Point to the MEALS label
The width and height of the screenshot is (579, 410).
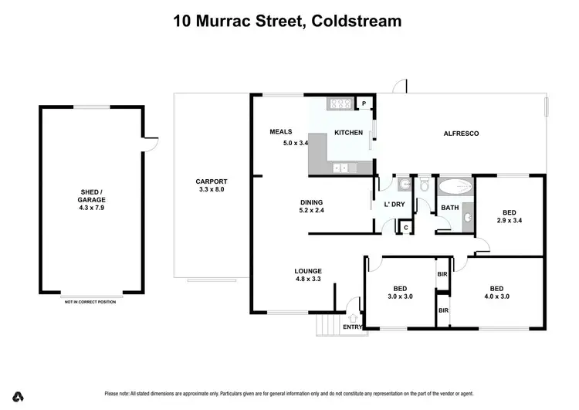point(280,132)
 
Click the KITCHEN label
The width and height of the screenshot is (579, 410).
point(348,133)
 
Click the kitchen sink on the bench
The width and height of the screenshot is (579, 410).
point(340,168)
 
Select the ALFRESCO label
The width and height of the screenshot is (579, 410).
point(461,134)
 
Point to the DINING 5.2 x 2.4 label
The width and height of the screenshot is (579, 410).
point(312,207)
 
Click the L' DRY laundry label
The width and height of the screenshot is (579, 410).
point(394,205)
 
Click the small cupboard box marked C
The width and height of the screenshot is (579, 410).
point(405,227)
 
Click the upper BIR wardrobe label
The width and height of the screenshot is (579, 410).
point(443,274)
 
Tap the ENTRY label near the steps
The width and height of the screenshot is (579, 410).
point(352,327)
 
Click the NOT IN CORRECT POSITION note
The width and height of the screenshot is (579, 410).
point(90,302)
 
